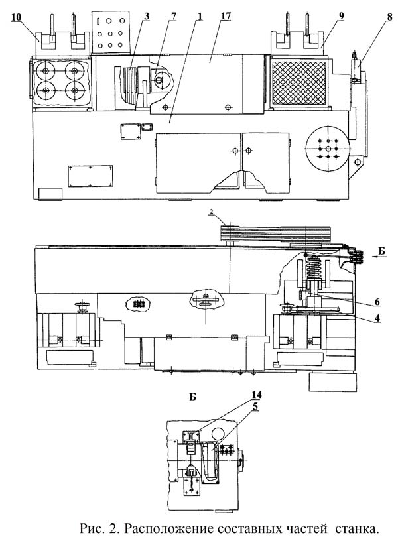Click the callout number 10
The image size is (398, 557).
click(16, 17)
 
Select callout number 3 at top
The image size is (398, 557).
click(147, 17)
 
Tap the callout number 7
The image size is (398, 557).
click(173, 17)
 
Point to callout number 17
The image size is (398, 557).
click(226, 17)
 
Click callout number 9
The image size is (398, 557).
click(341, 17)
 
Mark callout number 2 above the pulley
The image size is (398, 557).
click(211, 212)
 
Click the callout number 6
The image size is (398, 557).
click(377, 302)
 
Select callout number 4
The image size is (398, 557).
click(377, 318)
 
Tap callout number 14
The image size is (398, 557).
click(256, 395)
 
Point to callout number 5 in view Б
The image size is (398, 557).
click(255, 406)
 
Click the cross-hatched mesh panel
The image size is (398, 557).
click(298, 83)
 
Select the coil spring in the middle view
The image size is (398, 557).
click(315, 267)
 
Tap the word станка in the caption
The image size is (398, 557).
click(358, 529)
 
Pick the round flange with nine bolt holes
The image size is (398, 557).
click(328, 148)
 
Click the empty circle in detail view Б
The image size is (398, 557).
click(218, 434)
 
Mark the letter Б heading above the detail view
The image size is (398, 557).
click(192, 397)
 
